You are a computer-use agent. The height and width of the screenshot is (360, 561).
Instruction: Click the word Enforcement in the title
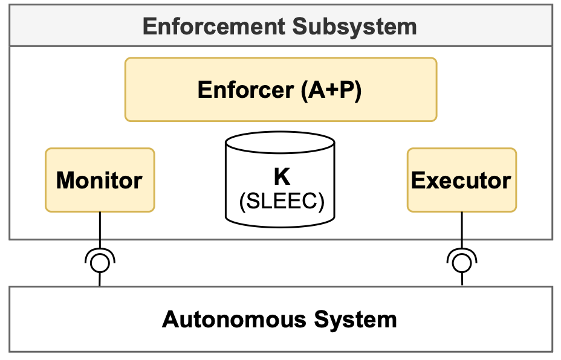pos(215,27)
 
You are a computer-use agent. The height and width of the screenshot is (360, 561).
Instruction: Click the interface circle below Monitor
pos(100,262)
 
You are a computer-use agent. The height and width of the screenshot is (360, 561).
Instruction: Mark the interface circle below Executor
pos(462,262)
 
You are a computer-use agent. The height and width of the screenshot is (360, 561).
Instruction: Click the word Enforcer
pos(245,90)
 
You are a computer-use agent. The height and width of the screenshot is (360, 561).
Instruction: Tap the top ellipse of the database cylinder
pos(280,143)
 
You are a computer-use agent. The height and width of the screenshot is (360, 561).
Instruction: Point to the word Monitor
pos(100,180)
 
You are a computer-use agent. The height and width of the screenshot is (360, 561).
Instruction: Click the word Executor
pos(461,180)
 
